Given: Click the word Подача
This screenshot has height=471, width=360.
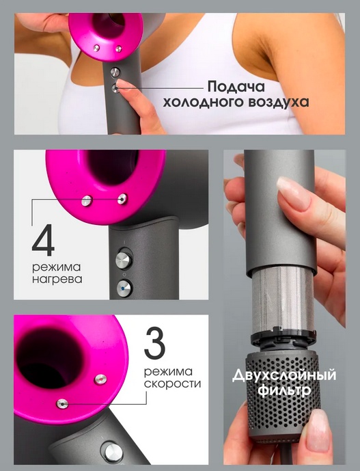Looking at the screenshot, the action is [x=236, y=87].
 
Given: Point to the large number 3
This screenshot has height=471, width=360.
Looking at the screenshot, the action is [x=155, y=343].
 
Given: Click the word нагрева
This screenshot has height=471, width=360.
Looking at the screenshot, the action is [x=57, y=279].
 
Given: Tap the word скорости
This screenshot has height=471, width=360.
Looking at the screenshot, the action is [x=172, y=383].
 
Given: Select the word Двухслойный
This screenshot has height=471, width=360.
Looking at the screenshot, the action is [x=284, y=376].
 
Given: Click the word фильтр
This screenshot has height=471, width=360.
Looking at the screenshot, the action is [x=285, y=390].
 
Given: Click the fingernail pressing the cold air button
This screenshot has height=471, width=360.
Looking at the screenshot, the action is [x=121, y=84].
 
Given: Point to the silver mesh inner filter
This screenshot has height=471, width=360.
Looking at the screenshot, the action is [x=283, y=300].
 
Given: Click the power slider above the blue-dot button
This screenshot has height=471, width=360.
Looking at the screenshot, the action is [x=124, y=260].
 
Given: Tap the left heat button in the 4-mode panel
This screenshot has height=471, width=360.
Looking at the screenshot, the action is [x=87, y=201].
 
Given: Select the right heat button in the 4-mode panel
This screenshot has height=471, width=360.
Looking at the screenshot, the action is [x=122, y=199].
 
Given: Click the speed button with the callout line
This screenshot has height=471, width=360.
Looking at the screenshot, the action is [x=62, y=404].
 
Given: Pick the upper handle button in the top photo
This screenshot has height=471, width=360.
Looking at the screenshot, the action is [x=115, y=72].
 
